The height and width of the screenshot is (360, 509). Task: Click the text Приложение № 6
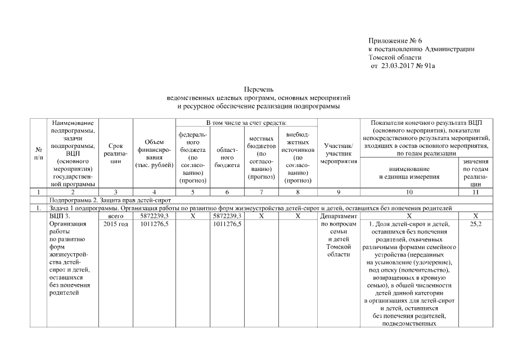point(395,41)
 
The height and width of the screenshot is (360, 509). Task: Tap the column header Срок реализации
point(116,153)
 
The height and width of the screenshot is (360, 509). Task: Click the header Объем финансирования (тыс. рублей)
point(154,153)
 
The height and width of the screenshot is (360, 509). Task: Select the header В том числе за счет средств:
point(246,122)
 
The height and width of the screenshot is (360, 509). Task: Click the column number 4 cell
point(154,192)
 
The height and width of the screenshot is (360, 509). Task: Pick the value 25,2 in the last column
point(476,224)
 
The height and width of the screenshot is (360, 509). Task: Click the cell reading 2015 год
point(116,224)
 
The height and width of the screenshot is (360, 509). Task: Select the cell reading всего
point(116,215)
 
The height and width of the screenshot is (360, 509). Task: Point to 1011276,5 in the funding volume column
point(155,224)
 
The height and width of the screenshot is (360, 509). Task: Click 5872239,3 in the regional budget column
point(227,215)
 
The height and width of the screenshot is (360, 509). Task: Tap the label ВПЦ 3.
point(60,215)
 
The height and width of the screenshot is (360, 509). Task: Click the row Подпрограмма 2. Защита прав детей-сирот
point(110,200)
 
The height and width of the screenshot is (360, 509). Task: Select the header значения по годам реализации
point(476,172)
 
